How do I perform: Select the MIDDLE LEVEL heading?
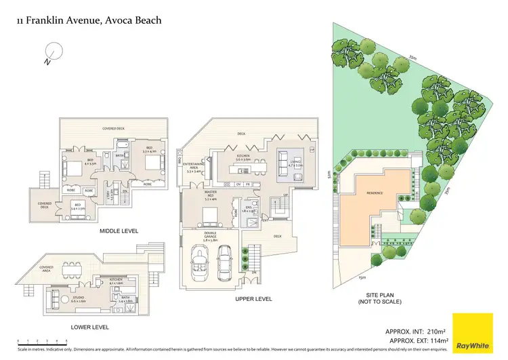pyautogui.click(x=119, y=231)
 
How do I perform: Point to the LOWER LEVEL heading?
pyautogui.click(x=89, y=327)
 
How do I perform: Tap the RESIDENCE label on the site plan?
pyautogui.click(x=375, y=193)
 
